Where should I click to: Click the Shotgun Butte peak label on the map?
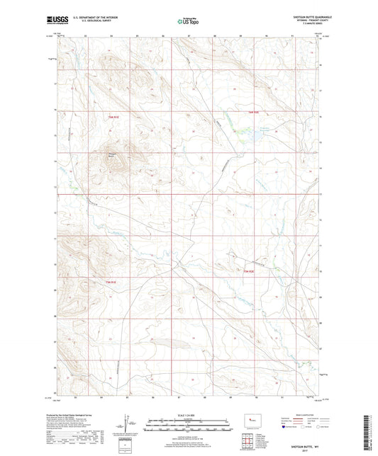[x=111, y=150]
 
